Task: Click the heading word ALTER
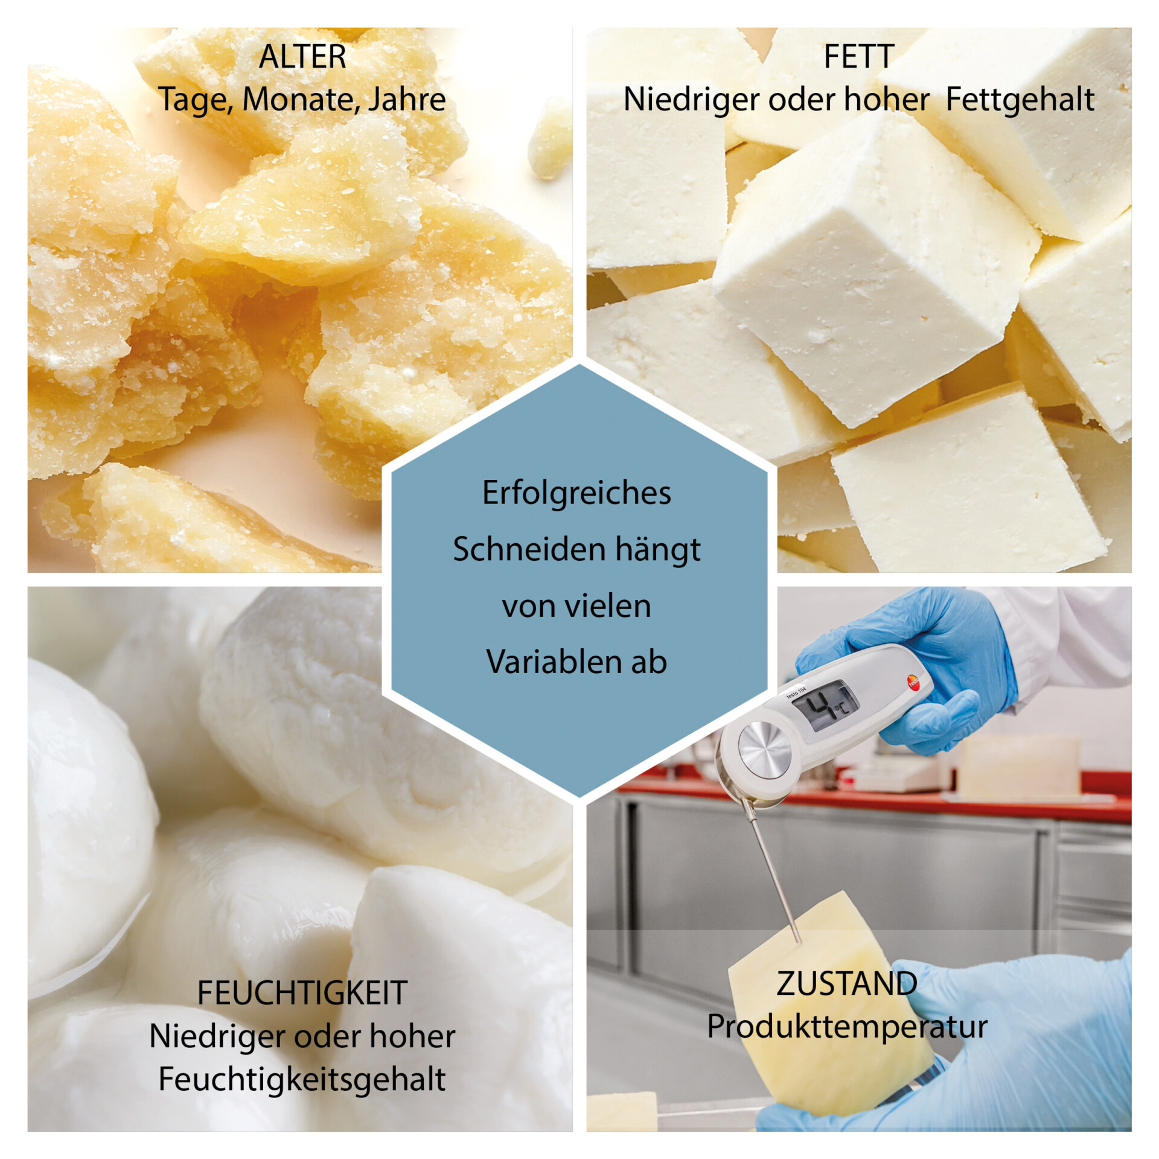[x=302, y=57]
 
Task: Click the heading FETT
[x=858, y=57]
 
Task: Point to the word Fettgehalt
[x=1020, y=100]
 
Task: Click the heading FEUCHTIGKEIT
[x=302, y=993]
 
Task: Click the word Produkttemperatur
[x=847, y=1027]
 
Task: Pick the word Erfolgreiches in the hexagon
[x=576, y=493]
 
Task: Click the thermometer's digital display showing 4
[x=825, y=705]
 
